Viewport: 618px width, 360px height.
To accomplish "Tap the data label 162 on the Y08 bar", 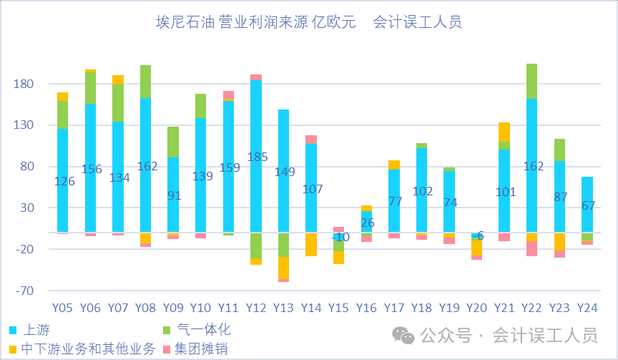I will tap(145, 166).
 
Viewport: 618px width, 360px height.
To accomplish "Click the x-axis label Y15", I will tap(339, 308).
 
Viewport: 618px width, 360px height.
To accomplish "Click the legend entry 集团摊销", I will tap(196, 349).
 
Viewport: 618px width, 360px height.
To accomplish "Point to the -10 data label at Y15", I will tap(339, 237).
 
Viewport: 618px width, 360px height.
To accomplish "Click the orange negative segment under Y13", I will tap(284, 267).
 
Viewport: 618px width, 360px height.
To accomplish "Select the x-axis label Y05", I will tap(63, 308).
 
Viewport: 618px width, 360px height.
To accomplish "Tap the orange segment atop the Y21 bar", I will tap(504, 132).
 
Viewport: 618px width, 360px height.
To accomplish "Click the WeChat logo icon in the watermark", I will tap(404, 335).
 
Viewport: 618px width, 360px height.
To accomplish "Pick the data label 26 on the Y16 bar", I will tap(366, 223).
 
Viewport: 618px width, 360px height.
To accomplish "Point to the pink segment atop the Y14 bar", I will tap(311, 140).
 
